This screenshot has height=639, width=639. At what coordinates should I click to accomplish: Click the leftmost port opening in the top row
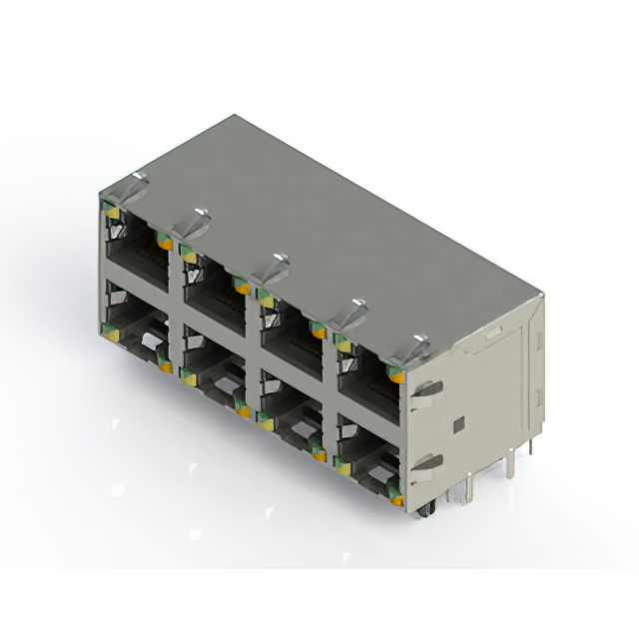[136, 255]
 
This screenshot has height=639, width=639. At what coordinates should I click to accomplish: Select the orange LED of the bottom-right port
[396, 495]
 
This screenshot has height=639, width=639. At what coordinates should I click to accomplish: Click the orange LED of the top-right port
[396, 377]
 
